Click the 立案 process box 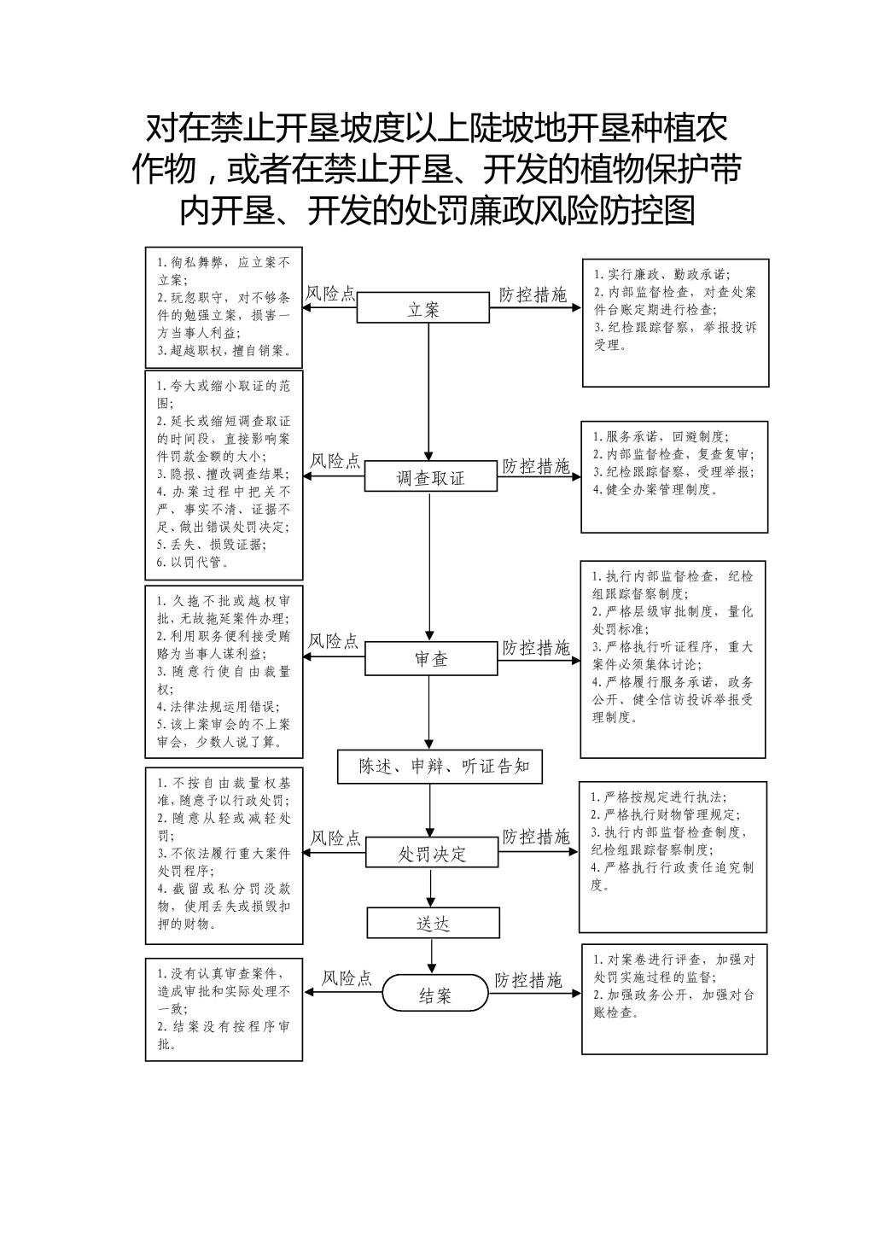(422, 307)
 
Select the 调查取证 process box (430, 476)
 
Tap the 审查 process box (431, 658)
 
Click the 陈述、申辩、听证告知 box (440, 767)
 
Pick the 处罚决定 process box (432, 852)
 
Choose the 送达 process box (433, 924)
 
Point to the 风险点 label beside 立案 (330, 294)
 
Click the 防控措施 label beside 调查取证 (535, 466)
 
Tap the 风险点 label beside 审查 (333, 641)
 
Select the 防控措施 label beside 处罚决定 (535, 837)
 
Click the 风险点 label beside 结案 (347, 978)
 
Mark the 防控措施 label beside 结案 (527, 980)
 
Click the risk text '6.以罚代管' (193, 563)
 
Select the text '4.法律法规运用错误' (218, 706)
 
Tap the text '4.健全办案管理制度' (655, 489)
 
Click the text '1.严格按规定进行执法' (659, 796)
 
